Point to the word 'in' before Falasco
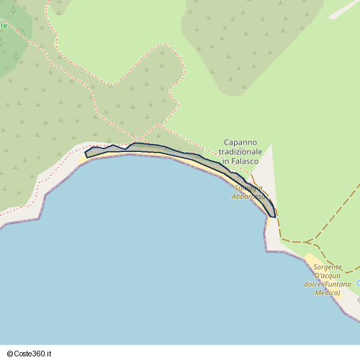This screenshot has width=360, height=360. click(x=225, y=163)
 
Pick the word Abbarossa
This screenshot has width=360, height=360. click(x=250, y=196)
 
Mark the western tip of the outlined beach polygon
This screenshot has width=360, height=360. click(x=86, y=153)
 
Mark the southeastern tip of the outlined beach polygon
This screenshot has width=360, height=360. click(x=274, y=216)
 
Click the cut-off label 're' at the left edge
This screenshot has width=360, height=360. click(x=4, y=26)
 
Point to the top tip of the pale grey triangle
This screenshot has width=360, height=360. click(x=271, y=145)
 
